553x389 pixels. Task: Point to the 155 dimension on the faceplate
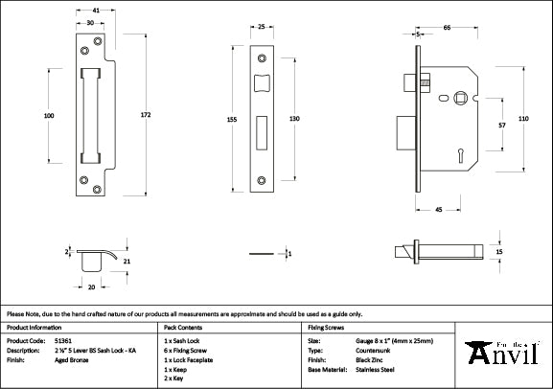(x=231, y=119)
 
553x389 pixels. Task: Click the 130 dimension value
(x=295, y=118)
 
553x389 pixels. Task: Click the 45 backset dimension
(x=437, y=209)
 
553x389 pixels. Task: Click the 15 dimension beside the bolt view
(x=498, y=251)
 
